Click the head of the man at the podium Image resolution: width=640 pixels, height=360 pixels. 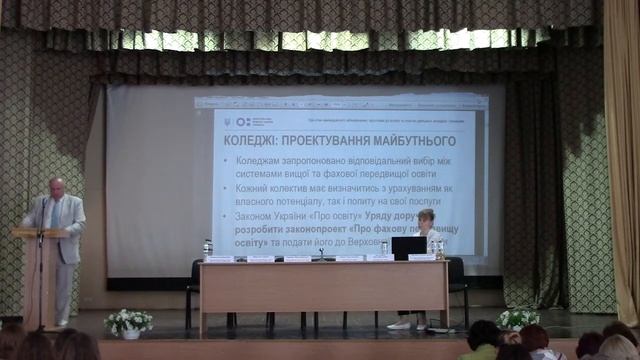[x=56, y=187]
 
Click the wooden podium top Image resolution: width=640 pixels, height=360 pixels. [x=40, y=233]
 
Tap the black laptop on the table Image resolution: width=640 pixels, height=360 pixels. [x=408, y=248]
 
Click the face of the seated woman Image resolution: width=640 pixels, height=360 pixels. [x=426, y=218]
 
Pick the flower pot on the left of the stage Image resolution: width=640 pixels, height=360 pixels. [x=129, y=323]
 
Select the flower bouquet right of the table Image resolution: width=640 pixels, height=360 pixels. [x=518, y=319]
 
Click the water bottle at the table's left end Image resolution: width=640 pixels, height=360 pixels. [x=207, y=248]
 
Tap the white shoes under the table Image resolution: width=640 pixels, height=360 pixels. [x=403, y=325]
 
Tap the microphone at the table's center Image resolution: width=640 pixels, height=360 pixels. [x=321, y=253]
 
